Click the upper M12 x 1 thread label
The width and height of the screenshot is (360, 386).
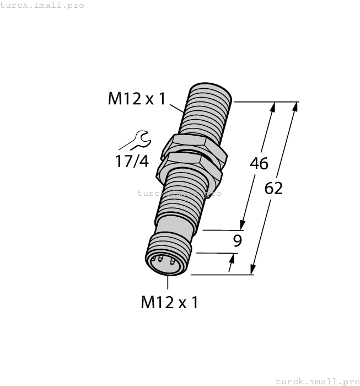pos(136,99)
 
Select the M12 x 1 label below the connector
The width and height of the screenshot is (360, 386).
pos(169,302)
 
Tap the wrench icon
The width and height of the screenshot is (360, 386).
pos(136,140)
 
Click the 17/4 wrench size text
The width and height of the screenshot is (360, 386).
pos(132,162)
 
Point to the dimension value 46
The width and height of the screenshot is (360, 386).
pos(259,164)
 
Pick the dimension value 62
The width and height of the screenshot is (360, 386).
pos(273,188)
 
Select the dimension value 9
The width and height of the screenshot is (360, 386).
pos(237,240)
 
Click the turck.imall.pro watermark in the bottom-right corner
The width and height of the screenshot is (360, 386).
pos(316,381)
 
